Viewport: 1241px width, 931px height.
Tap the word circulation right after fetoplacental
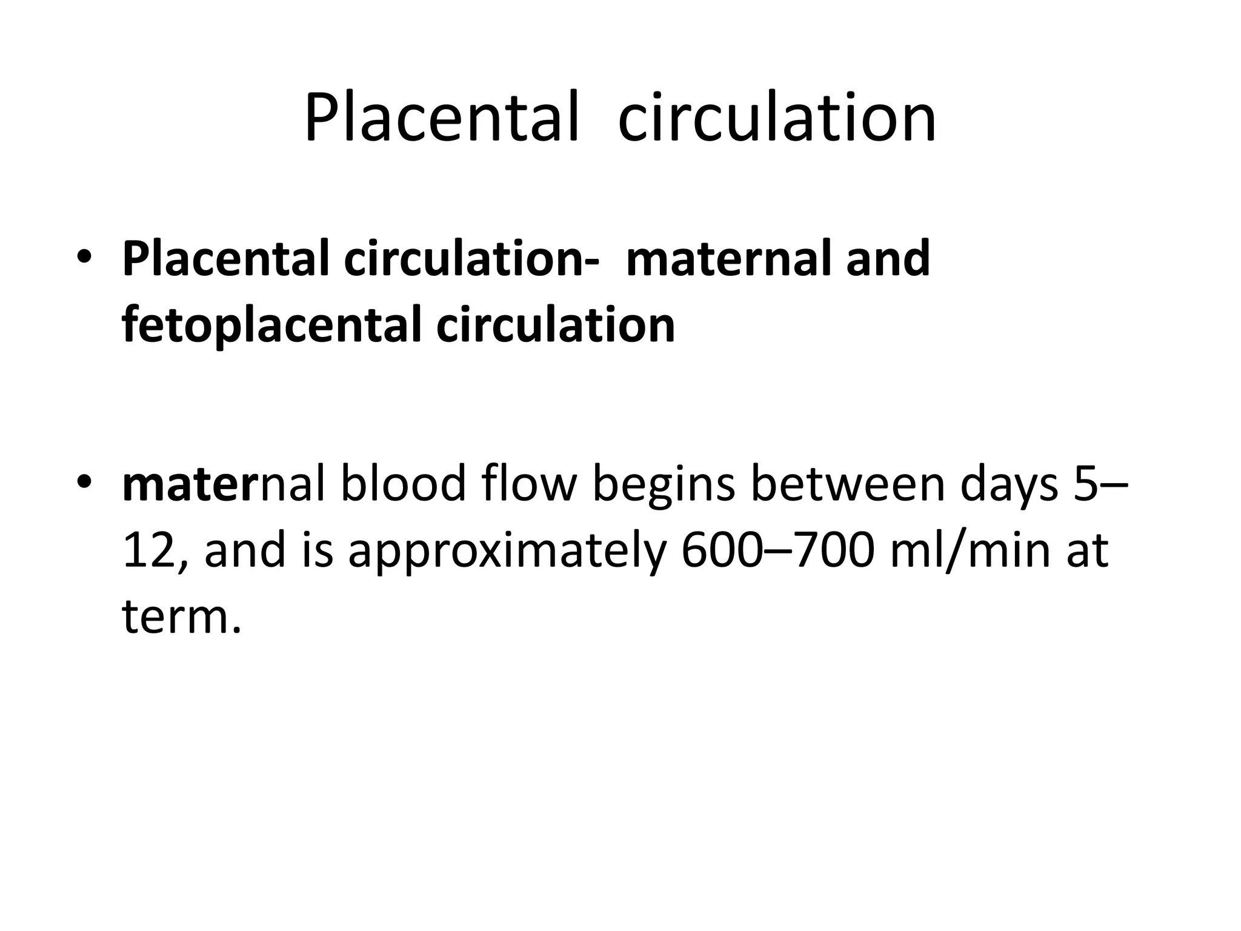pos(555,325)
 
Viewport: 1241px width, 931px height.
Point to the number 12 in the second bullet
pos(144,550)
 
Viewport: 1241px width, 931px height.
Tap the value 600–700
pos(779,550)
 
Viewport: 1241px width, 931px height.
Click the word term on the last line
pos(176,616)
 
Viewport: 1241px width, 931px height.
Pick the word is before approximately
pos(318,550)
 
